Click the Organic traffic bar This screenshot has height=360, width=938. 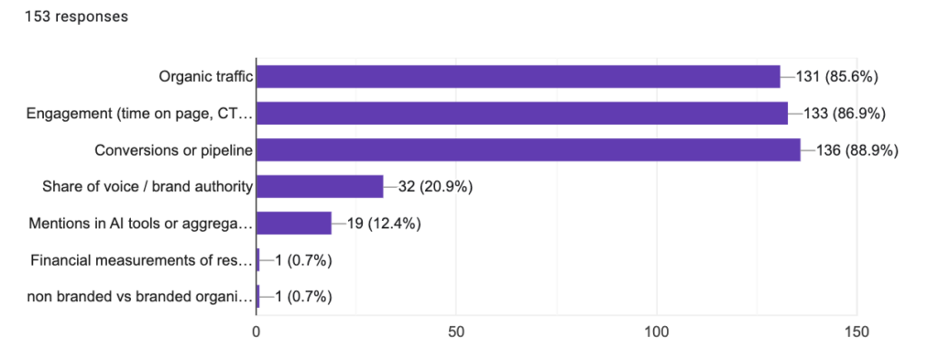point(518,77)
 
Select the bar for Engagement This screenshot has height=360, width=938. point(522,114)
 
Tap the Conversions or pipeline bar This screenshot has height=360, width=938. point(528,150)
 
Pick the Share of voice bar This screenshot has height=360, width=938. point(320,187)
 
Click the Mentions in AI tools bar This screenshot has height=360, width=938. point(293,224)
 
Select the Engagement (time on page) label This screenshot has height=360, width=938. point(139,114)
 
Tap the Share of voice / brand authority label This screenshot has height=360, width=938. point(147,187)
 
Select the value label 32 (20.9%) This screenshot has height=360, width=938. point(434,187)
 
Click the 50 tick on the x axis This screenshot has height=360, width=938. point(456,333)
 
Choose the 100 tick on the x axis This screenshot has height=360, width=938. point(656,333)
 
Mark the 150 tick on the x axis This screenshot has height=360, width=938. point(856,333)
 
